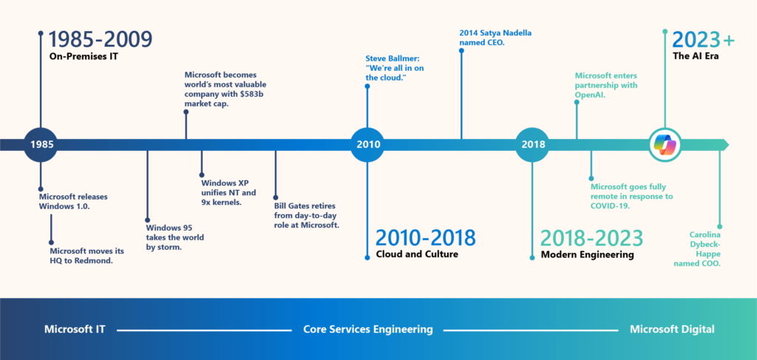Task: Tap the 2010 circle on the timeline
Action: (367, 144)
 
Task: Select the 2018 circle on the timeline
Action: (532, 144)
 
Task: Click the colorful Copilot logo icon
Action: (665, 144)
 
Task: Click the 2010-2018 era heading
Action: (426, 237)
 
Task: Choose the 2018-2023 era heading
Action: (591, 237)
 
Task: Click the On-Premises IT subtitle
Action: (85, 55)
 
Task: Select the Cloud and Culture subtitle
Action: (418, 255)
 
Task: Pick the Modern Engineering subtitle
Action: (587, 255)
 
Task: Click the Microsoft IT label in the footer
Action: (75, 329)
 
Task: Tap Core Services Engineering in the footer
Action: (368, 329)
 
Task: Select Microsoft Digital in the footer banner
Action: (672, 329)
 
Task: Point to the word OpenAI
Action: (589, 95)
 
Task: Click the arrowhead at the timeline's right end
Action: (724, 144)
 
